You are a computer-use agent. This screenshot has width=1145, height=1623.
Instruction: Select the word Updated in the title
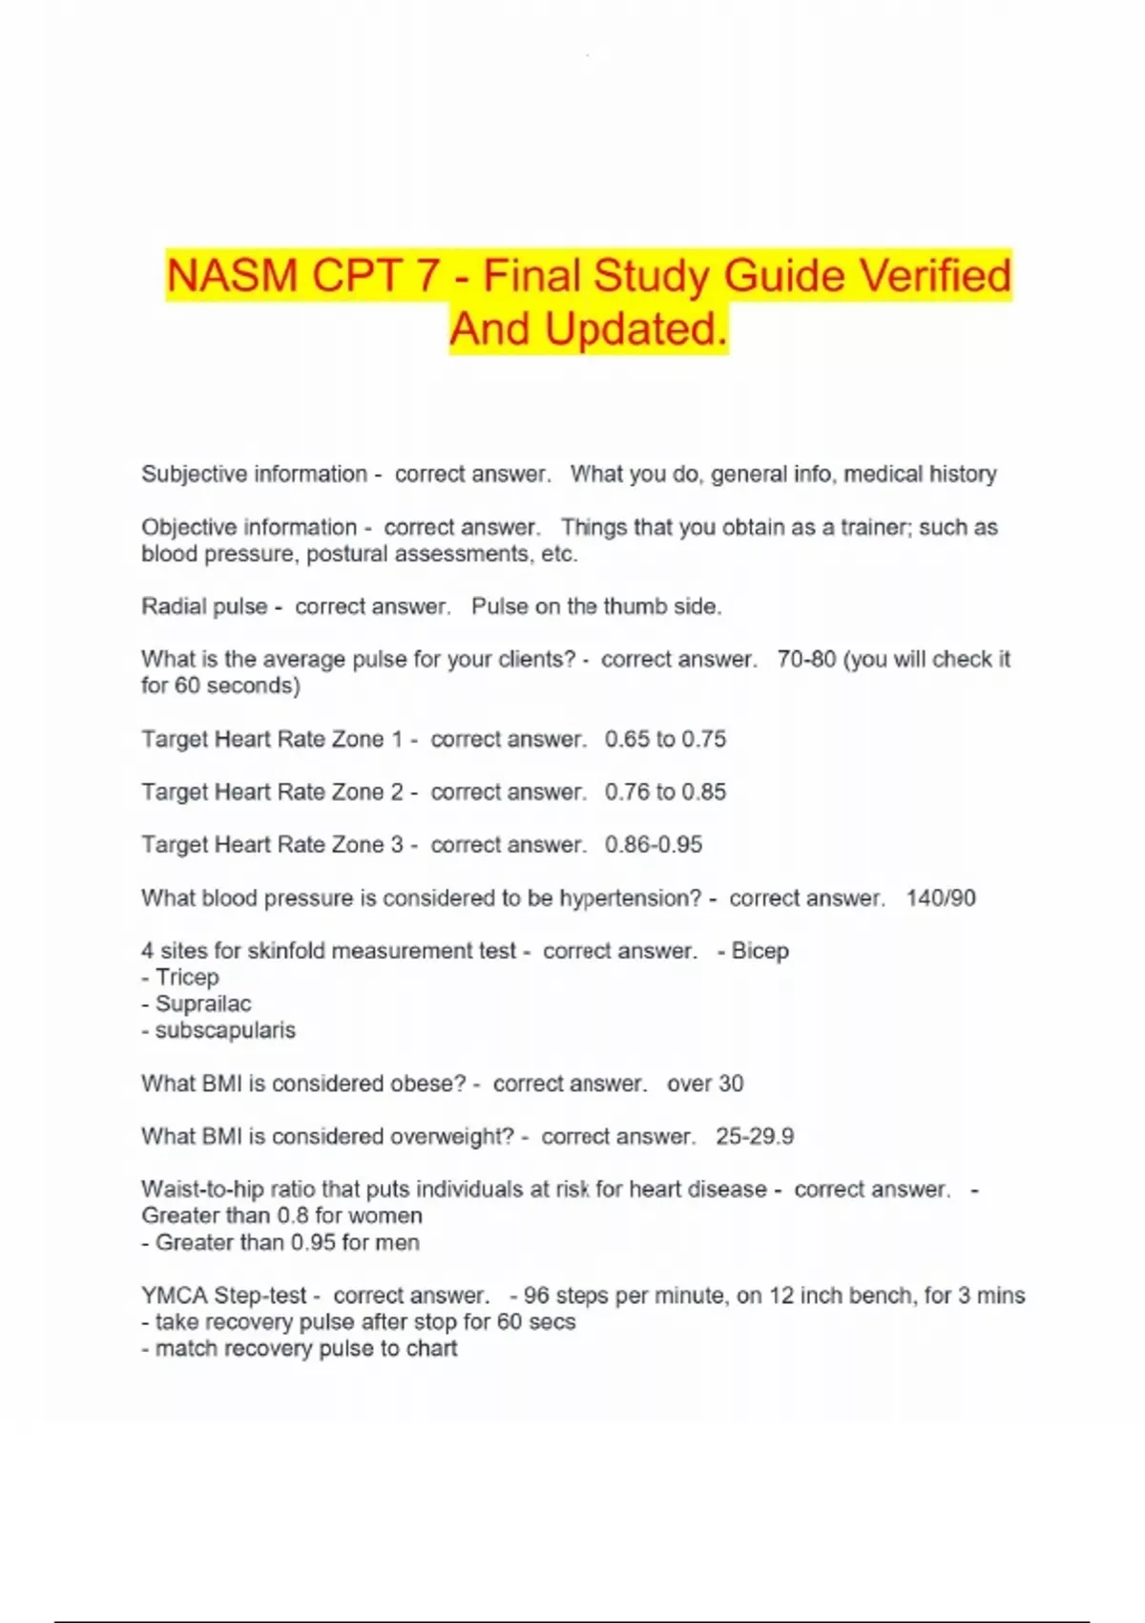(635, 329)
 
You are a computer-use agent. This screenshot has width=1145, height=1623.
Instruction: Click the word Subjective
(196, 474)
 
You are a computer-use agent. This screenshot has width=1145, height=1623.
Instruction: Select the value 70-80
(806, 660)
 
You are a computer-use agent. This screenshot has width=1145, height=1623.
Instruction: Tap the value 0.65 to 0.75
(665, 739)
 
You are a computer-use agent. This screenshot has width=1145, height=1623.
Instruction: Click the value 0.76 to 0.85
(665, 791)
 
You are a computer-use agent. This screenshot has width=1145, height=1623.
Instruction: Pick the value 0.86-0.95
(654, 845)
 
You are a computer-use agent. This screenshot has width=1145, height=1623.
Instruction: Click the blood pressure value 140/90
(941, 897)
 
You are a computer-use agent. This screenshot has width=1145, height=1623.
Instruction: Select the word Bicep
(760, 951)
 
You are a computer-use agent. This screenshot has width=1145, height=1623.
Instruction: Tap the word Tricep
(187, 978)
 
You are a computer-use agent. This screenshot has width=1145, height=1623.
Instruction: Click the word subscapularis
(225, 1030)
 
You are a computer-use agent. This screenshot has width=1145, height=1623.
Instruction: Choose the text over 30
(705, 1084)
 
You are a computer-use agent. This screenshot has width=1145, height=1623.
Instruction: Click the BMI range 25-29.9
(755, 1136)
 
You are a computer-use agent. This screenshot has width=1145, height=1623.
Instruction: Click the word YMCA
(174, 1296)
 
